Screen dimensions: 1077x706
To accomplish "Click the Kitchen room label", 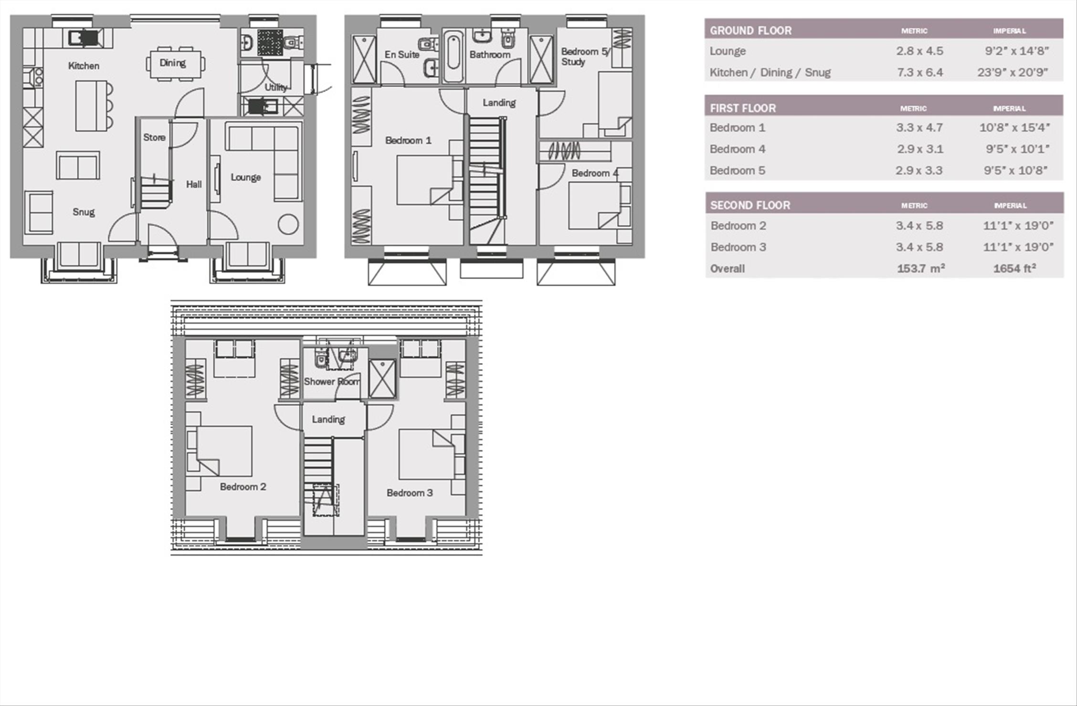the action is (x=84, y=66).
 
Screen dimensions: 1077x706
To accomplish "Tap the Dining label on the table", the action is (x=172, y=63).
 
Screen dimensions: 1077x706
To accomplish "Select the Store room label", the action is (x=154, y=137).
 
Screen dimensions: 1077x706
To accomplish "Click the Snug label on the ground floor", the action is (x=84, y=212).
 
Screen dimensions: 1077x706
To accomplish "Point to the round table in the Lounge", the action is (x=288, y=224).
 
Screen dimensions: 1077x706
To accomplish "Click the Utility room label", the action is (x=276, y=87).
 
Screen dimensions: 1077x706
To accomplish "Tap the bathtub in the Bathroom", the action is (x=453, y=56).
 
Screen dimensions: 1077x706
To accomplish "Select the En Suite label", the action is (x=402, y=55).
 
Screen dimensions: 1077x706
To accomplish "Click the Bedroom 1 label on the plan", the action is (x=408, y=140).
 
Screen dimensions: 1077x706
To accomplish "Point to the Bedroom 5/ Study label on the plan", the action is (x=585, y=57).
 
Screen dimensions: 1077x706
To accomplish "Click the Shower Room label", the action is (x=332, y=382).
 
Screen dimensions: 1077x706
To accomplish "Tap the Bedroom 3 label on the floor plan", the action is (x=410, y=493).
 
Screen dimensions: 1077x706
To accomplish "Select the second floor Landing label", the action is (x=328, y=419).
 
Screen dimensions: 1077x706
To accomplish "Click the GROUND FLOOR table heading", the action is (x=750, y=31).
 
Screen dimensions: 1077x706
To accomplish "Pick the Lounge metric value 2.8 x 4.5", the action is (x=919, y=51).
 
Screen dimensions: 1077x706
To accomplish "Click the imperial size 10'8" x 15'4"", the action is (x=1014, y=128).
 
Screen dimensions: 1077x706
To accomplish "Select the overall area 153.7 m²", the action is (x=921, y=269).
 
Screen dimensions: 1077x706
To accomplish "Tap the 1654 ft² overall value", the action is (x=1014, y=269).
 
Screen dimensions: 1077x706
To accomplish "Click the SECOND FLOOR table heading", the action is (x=750, y=206).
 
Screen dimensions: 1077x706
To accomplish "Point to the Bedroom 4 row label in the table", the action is (x=737, y=149).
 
